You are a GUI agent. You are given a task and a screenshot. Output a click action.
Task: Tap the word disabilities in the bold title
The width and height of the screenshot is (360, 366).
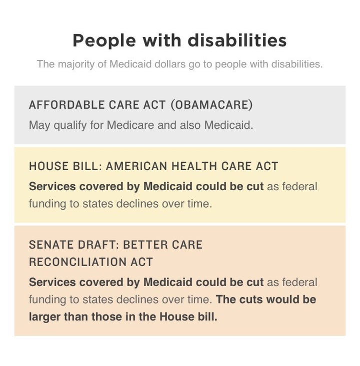[237, 40]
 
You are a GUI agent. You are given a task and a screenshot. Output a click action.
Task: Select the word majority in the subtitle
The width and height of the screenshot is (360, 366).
[76, 64]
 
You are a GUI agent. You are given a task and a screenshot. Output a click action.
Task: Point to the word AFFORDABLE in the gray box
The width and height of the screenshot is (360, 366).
[66, 105]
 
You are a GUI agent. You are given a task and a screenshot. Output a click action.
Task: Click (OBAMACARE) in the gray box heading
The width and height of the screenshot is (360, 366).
[212, 105]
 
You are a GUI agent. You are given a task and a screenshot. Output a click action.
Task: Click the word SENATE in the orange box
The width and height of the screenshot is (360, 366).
[51, 245]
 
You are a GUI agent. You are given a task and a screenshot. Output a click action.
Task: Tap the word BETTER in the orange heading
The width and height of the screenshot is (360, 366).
[145, 245]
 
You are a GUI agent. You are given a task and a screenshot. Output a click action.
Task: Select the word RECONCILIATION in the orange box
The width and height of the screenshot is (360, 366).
[77, 262]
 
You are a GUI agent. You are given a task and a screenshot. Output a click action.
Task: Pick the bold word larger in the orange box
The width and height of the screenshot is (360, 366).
[44, 317]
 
